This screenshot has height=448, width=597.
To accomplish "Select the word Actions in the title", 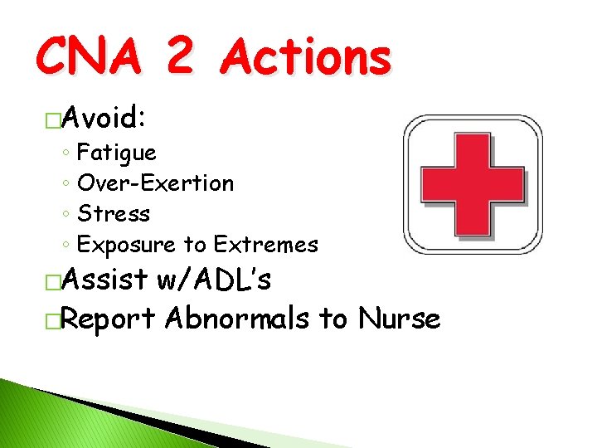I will point(307,58).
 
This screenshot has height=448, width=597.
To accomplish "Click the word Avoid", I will point(103,119).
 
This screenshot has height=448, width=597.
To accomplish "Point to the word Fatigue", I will point(116,153).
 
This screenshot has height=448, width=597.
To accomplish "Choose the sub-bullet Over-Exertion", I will point(155,183).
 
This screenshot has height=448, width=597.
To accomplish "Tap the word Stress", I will point(114,214).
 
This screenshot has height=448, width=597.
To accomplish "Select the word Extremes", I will point(265,245).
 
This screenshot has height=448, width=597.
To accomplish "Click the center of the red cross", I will point(473,184).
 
